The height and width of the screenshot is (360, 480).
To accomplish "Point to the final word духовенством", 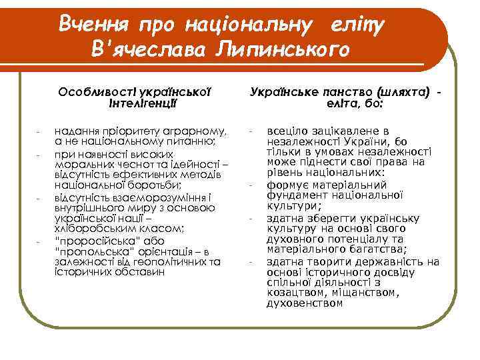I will (x=304, y=304).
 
